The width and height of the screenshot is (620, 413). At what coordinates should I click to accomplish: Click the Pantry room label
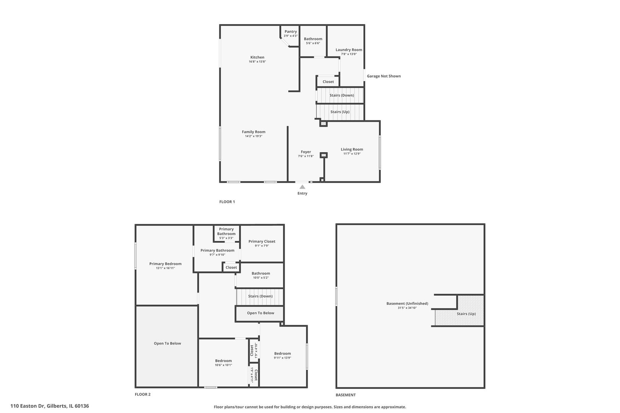click(290, 31)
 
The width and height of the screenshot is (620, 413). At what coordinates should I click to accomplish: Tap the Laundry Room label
click(349, 50)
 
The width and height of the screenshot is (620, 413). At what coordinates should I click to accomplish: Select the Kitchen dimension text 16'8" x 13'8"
click(257, 62)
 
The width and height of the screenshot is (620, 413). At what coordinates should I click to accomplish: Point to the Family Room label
click(253, 132)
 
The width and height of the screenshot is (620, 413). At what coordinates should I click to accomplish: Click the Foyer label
click(306, 152)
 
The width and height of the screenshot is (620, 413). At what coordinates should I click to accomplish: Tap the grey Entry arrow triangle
click(302, 187)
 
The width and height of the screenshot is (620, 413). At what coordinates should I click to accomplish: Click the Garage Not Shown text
click(383, 76)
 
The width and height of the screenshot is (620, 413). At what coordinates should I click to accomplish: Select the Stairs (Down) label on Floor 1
click(341, 95)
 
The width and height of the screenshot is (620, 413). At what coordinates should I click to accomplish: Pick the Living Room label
click(352, 150)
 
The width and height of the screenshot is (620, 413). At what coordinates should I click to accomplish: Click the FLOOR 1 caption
click(227, 202)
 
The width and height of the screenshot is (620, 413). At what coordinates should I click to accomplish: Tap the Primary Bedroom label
click(165, 264)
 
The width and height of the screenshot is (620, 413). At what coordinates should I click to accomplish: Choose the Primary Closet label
click(262, 242)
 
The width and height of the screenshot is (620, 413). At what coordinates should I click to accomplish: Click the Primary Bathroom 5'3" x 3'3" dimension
click(226, 238)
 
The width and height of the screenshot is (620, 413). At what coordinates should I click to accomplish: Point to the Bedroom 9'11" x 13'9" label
click(282, 353)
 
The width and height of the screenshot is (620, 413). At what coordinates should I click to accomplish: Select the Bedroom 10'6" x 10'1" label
click(224, 361)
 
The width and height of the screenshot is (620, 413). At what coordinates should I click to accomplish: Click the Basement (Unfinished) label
click(407, 304)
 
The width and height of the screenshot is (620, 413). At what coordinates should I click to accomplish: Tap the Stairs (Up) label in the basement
click(466, 314)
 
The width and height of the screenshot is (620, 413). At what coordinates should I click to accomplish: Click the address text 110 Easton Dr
click(28, 406)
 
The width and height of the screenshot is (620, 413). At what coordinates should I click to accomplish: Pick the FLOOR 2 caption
click(142, 395)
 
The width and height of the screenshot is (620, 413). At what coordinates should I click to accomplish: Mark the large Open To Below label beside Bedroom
click(167, 343)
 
